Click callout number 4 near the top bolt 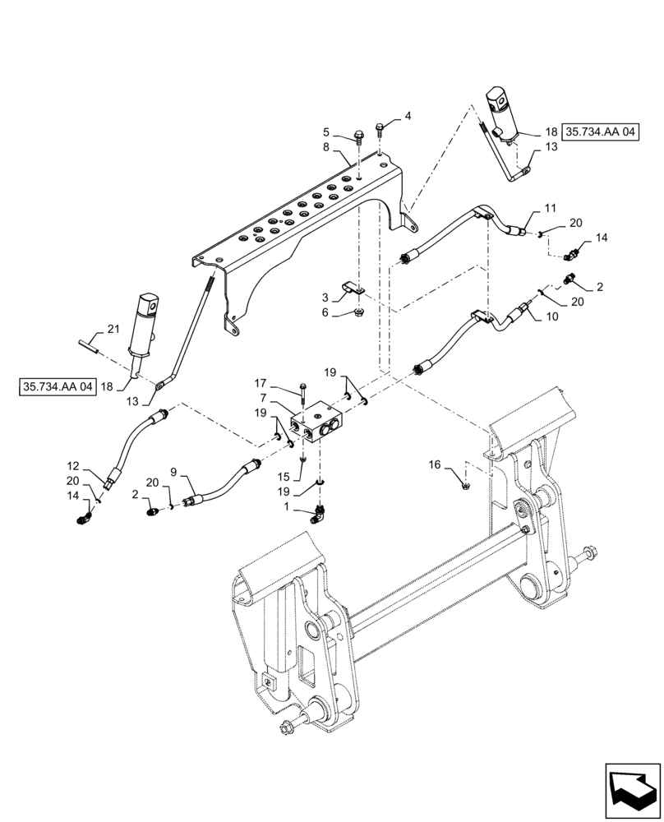point(408,118)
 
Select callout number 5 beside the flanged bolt point(326,131)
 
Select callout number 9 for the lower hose point(173,472)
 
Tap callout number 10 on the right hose point(550,316)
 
